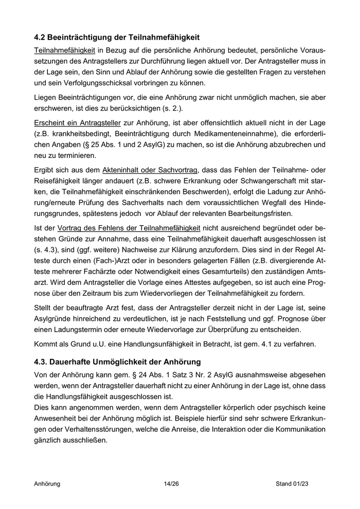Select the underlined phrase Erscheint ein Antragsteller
tap(77, 123)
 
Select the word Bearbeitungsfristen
tap(265, 213)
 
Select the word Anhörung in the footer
tap(47, 484)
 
